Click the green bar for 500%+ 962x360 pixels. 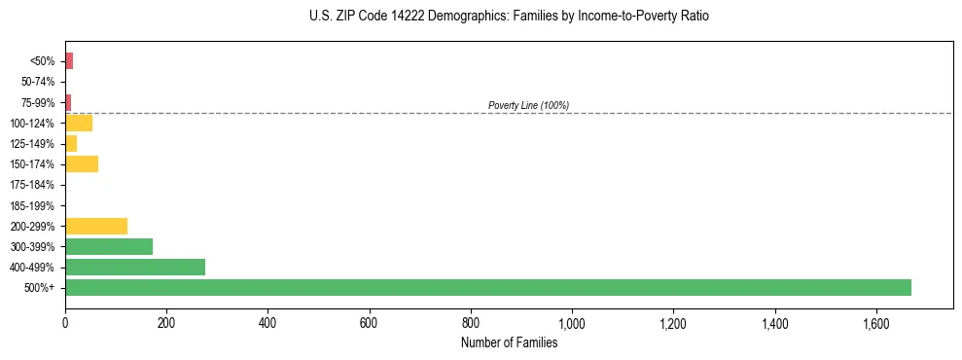pyautogui.click(x=487, y=287)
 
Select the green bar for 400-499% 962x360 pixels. pyautogui.click(x=135, y=267)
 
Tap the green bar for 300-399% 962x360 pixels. pyautogui.click(x=109, y=246)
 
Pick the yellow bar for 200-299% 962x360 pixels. pyautogui.click(x=96, y=226)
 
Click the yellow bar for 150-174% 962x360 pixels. pyautogui.click(x=82, y=163)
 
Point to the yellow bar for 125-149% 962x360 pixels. pyautogui.click(x=71, y=143)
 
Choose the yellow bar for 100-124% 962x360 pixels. pyautogui.click(x=79, y=123)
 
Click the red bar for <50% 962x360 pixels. pyautogui.click(x=69, y=61)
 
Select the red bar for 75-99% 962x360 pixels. pyautogui.click(x=68, y=102)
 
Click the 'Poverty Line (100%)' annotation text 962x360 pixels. pyautogui.click(x=528, y=105)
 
